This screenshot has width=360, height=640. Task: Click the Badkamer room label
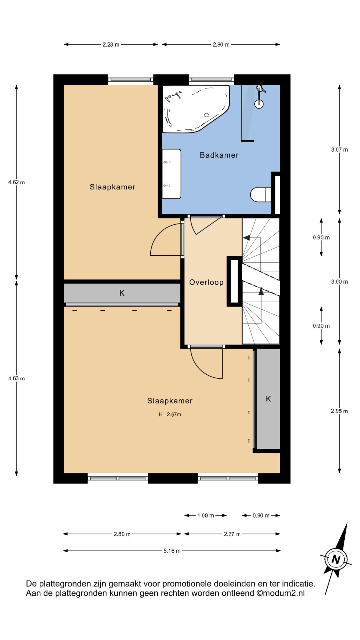tap(219, 155)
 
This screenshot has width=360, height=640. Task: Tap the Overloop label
tap(206, 282)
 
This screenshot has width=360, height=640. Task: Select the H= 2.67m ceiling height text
tap(170, 415)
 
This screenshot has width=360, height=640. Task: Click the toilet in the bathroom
tap(261, 194)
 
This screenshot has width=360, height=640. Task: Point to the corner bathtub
tap(195, 108)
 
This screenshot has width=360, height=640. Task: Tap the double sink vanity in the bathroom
tap(172, 174)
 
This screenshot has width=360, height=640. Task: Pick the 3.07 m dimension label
tap(339, 150)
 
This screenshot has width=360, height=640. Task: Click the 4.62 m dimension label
tap(16, 182)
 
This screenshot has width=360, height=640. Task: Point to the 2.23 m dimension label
tap(111, 45)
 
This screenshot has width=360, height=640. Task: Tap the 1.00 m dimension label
tap(206, 516)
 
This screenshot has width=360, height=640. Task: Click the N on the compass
tap(336, 559)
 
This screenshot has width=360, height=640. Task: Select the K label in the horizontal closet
tap(122, 293)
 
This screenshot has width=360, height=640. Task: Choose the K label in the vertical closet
tap(268, 399)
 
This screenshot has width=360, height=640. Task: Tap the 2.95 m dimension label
tap(339, 411)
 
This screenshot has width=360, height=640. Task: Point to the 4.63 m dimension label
tap(16, 379)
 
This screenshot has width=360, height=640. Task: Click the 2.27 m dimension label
tap(232, 534)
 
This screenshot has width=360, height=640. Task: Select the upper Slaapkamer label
tap(112, 187)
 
